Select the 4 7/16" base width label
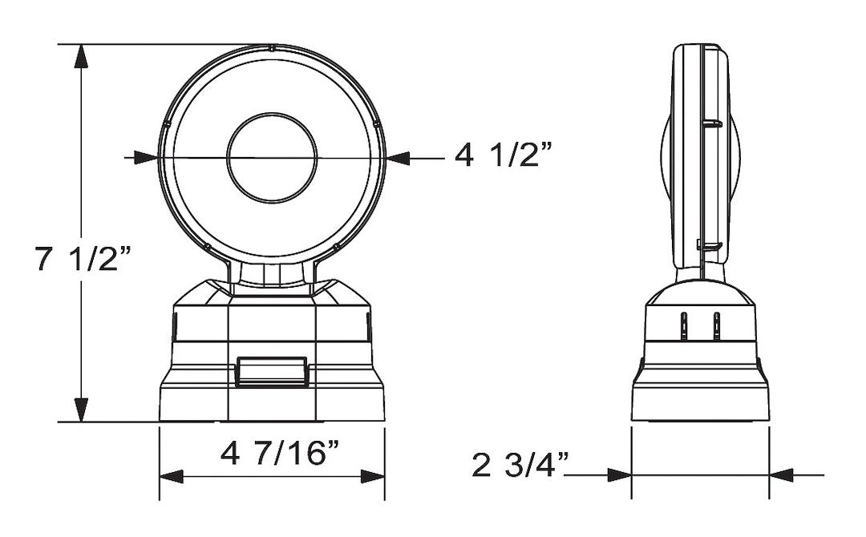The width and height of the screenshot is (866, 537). point(280,454)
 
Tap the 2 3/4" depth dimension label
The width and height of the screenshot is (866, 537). point(521,464)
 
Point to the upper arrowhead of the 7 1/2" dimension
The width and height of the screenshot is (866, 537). point(81,56)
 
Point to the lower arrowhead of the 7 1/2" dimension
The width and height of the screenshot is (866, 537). point(81,410)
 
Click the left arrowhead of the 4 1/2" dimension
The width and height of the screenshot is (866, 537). point(147,158)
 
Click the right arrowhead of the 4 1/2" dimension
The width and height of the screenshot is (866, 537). point(399,158)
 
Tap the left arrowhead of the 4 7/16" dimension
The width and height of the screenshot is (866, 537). point(172,476)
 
